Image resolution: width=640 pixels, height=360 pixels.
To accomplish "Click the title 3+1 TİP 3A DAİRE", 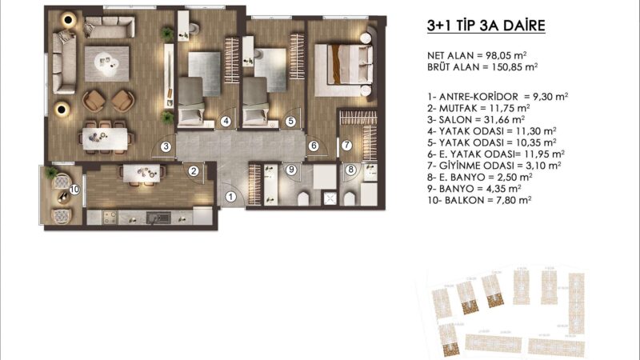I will point(486,26).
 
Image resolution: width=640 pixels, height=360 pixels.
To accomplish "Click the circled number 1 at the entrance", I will point(230,196).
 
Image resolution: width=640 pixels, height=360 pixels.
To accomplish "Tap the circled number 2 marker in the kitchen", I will point(194,170).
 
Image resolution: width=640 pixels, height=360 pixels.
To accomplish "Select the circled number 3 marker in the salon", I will point(165,146).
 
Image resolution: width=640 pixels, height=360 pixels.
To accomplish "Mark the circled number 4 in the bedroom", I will point(226,122).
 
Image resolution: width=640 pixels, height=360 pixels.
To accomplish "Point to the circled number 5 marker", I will point(290,122).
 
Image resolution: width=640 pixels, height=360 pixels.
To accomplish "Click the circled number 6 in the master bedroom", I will point(314,146).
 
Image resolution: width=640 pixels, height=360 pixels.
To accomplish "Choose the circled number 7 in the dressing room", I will point(346,146).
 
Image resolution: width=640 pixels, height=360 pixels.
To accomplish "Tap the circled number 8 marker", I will point(350,169).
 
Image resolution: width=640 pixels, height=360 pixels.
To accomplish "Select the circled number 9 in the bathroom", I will point(291,169).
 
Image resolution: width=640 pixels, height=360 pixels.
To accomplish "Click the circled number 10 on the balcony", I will point(74,190).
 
